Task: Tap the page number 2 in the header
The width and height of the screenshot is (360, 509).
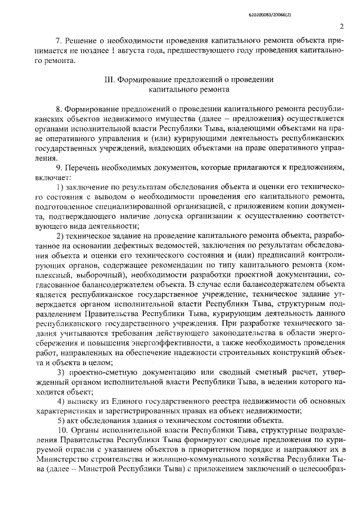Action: [x=342, y=26]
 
